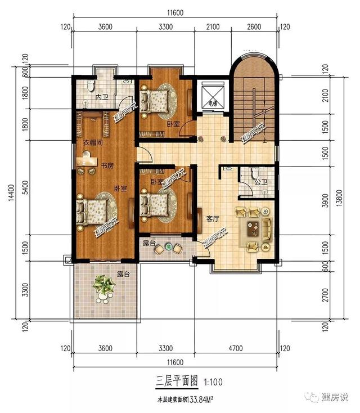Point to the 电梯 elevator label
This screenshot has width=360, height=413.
click(x=212, y=103)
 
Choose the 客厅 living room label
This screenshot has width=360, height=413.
click(x=212, y=219)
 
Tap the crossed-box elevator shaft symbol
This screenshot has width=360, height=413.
click(x=212, y=91)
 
